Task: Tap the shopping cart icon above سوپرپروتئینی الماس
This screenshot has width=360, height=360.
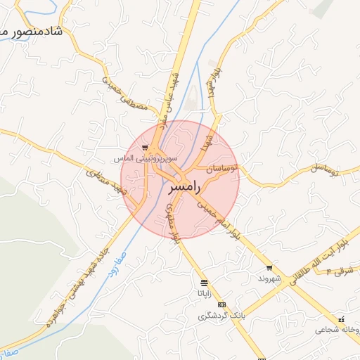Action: [x=145, y=148]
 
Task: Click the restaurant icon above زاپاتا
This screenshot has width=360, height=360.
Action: [x=204, y=282]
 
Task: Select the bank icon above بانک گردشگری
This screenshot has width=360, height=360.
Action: [x=222, y=304]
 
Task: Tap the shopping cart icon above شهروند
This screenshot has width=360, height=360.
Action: [x=269, y=268]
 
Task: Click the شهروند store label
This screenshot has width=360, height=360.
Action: [x=269, y=278]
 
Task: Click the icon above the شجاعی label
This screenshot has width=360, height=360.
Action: [x=342, y=319]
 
